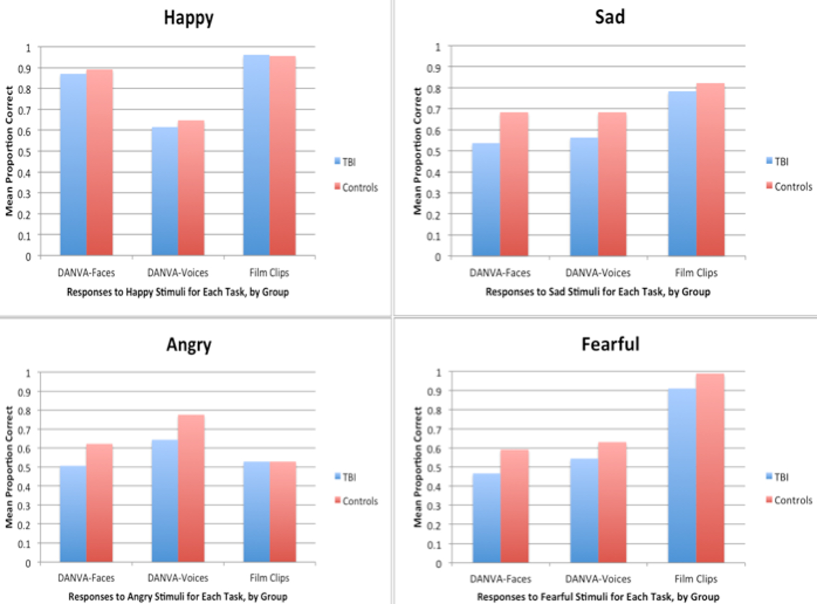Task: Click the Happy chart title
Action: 189,18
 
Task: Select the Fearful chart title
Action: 610,344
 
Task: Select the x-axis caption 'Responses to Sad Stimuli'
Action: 597,292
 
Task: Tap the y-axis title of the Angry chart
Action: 10,467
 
